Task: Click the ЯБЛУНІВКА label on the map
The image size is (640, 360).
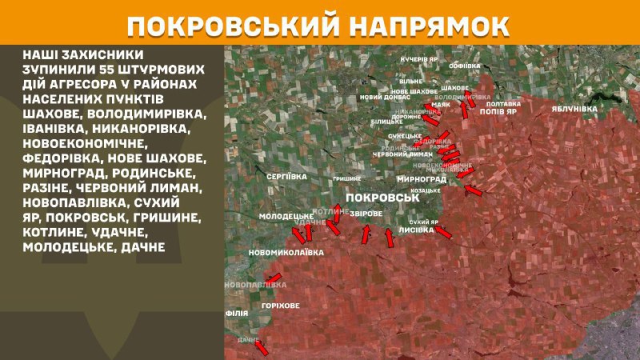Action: coord(574,107)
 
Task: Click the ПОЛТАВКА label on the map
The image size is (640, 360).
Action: coord(503,104)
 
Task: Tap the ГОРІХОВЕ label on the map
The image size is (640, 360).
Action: coord(280,306)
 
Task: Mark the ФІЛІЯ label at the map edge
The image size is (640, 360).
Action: coord(237,313)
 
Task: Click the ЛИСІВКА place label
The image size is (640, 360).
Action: coord(414,230)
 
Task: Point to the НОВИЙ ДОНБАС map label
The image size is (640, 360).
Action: coord(381,97)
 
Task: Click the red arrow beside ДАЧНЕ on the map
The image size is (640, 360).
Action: coord(259,347)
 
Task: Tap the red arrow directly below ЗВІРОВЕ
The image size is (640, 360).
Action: coord(366,234)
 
